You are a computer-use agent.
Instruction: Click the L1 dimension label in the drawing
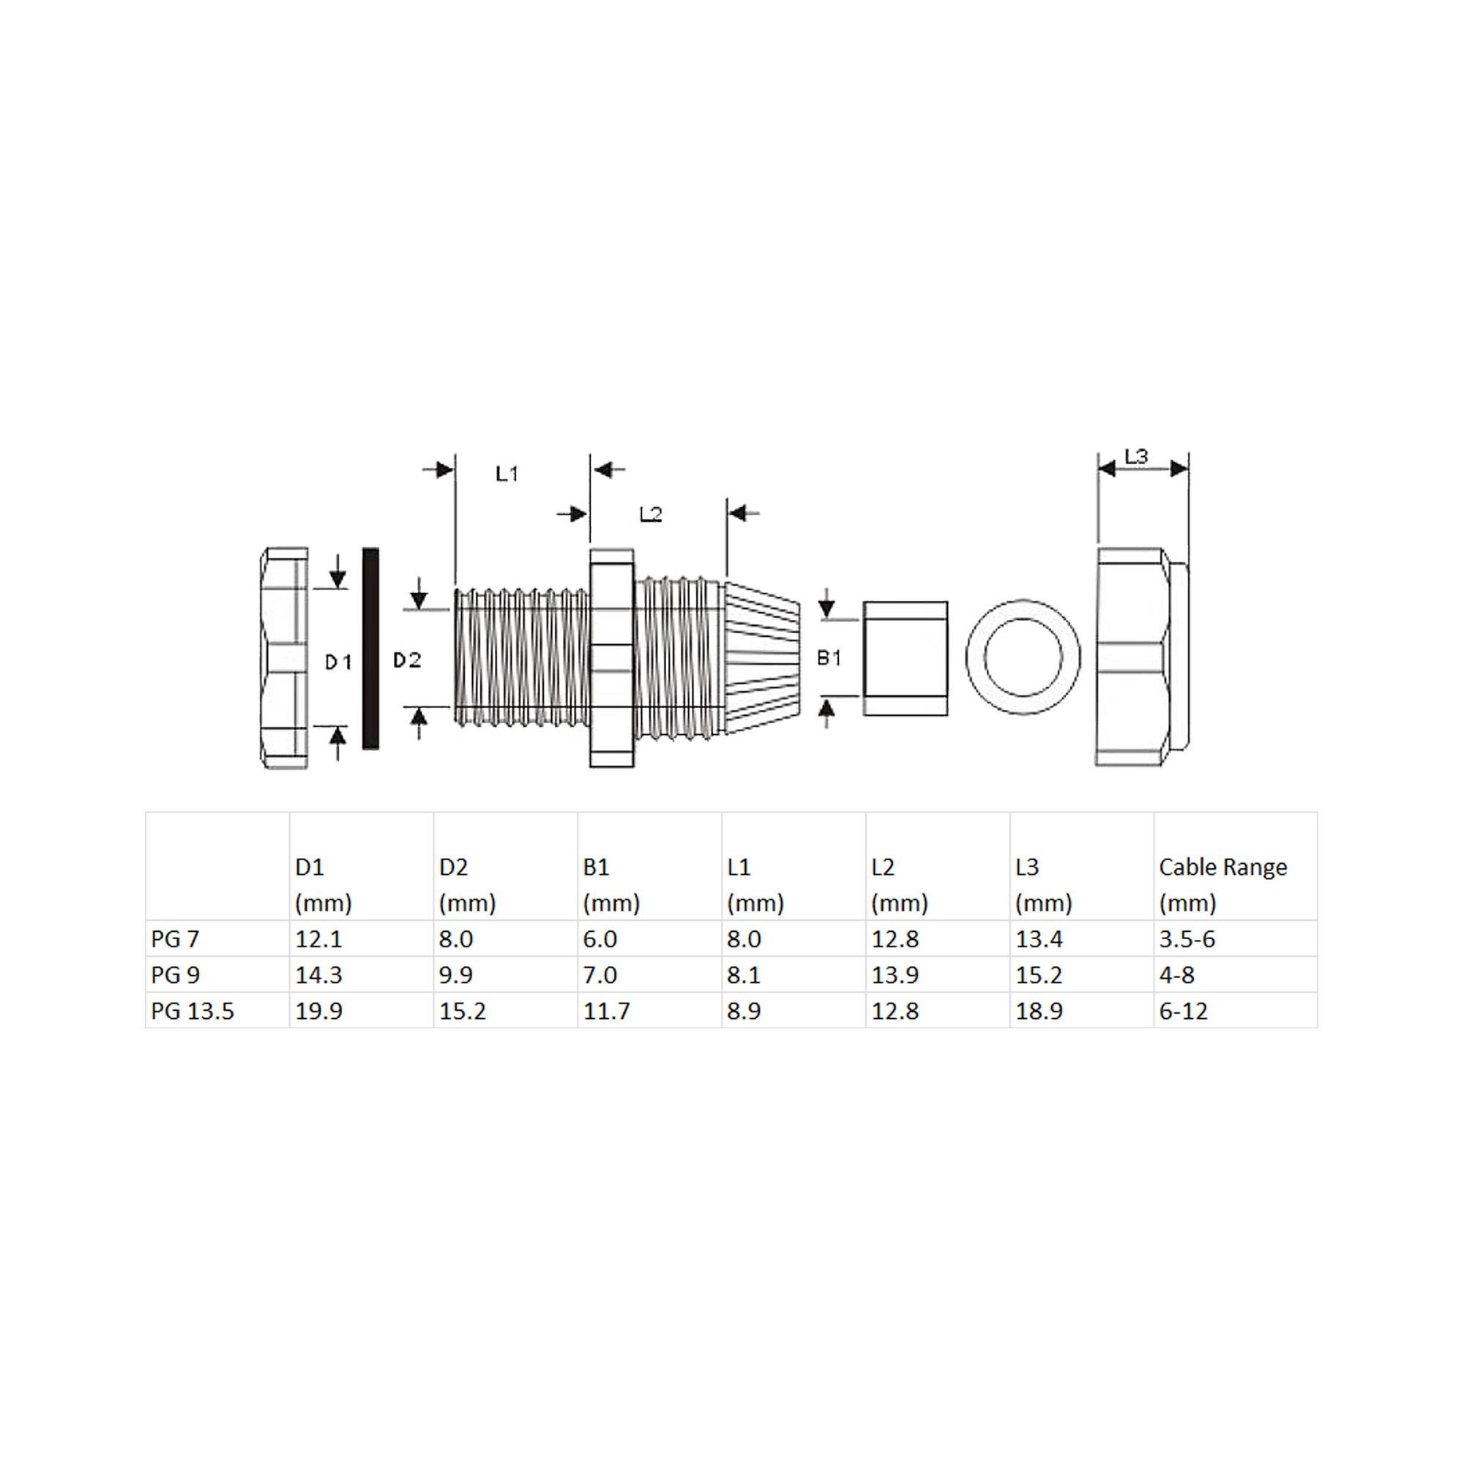pos(507,474)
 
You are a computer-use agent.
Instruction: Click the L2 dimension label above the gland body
pos(650,515)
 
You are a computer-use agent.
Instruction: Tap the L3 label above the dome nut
pos(1136,456)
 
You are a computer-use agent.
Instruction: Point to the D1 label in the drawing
pos(338,662)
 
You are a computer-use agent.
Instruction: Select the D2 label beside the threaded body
pos(407,661)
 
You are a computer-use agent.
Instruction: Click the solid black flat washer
pos(370,649)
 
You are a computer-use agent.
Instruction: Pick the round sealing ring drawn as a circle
pos(1023,657)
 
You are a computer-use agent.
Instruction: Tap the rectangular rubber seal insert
pos(905,658)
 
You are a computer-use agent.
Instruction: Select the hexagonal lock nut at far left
pos(284,658)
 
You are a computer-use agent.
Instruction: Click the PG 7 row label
pos(175,939)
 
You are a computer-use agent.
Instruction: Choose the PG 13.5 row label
pos(193,1011)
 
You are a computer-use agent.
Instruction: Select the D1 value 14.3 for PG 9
pos(318,975)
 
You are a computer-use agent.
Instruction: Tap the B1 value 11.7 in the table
pos(606,1011)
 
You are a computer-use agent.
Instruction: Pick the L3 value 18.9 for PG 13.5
pos(1039,1011)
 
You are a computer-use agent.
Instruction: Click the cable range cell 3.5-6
pos(1187,939)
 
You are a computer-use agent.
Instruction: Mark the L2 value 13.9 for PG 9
pos(895,975)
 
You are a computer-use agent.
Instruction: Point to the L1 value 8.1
pos(744,975)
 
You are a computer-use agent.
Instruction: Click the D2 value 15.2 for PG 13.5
pos(462,1011)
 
